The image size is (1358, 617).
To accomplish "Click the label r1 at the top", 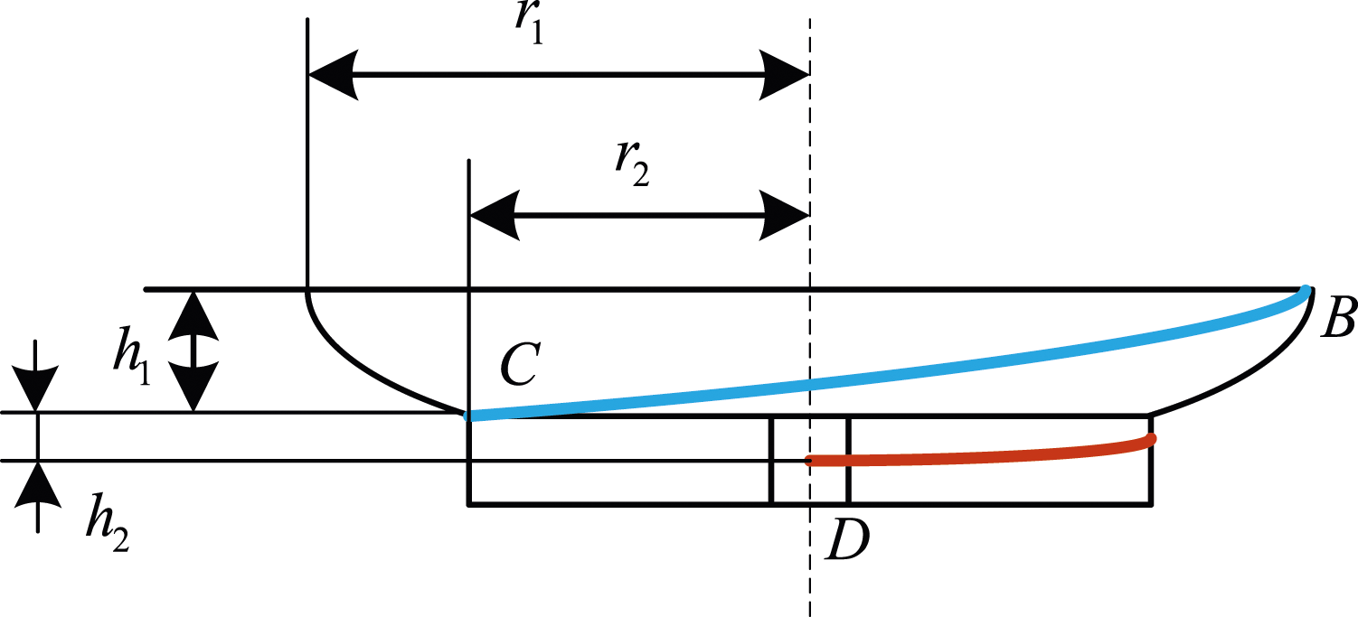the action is (530, 23).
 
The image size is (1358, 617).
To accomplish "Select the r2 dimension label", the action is (632, 165).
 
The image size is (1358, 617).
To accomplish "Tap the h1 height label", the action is (132, 357).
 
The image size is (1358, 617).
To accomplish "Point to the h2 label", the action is (108, 522).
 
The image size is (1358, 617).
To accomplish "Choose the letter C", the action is (520, 364).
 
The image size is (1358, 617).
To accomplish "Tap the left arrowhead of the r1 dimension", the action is (332, 75).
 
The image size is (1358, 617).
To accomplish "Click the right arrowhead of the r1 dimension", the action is (785, 75).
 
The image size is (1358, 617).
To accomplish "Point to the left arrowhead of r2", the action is (494, 216).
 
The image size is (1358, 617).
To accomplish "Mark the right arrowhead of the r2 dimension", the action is (785, 216).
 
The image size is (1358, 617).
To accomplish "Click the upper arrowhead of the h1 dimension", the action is (193, 315).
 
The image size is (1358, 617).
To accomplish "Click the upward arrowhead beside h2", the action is (38, 484).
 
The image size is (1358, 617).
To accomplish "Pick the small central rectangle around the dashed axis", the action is (809, 460).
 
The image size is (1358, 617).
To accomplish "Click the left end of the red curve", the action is (808, 462).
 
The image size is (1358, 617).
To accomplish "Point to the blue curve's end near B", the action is (1306, 290).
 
